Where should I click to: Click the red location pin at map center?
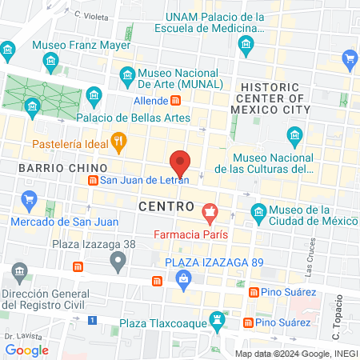[180, 162]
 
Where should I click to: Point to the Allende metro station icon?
[175, 101]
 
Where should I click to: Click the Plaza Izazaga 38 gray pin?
[118, 260]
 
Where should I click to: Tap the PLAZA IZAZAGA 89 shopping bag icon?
[183, 278]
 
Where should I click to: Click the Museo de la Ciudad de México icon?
[258, 211]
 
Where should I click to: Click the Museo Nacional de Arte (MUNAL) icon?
[127, 76]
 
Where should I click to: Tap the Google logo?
[26, 350]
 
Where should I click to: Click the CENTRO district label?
[166, 206]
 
